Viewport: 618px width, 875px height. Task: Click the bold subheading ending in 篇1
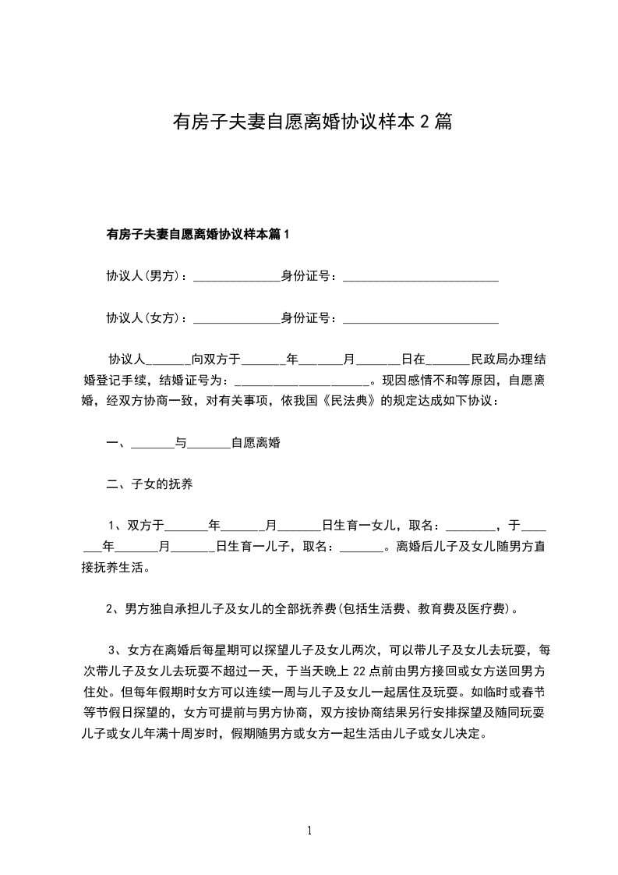point(198,233)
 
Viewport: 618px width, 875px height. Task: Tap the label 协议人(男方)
point(144,275)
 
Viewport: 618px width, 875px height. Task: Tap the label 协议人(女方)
point(144,317)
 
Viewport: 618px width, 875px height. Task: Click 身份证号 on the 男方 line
point(306,275)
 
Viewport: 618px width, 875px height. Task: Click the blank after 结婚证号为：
point(302,382)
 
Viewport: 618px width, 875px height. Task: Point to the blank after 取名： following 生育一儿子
point(363,546)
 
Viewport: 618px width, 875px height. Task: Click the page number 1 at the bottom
point(309,831)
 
